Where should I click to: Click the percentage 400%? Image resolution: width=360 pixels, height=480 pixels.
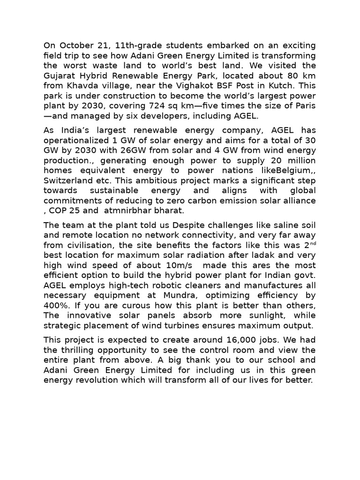point(56,305)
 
